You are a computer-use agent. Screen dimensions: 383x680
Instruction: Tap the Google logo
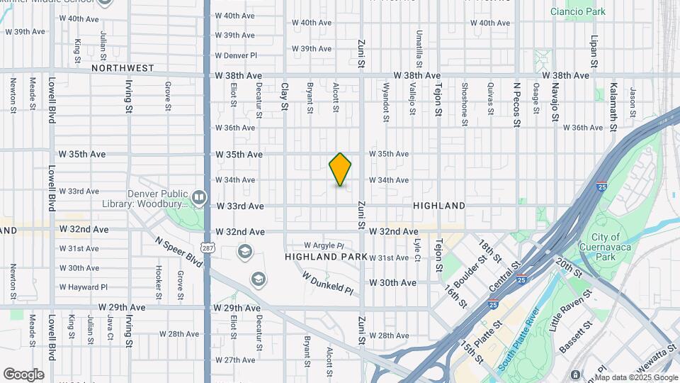[x=23, y=374]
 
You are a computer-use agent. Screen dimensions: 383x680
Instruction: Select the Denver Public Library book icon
[x=200, y=196]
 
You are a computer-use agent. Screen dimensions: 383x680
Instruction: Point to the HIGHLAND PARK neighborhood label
[x=326, y=256]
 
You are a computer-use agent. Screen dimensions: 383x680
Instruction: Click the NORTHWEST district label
[x=123, y=68]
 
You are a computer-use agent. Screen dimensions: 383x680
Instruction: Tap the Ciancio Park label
[x=578, y=11]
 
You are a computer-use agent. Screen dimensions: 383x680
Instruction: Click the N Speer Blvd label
[x=179, y=252]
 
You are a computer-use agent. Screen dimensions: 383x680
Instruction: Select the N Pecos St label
[x=516, y=104]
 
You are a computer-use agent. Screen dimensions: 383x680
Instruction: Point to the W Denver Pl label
[x=235, y=55]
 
